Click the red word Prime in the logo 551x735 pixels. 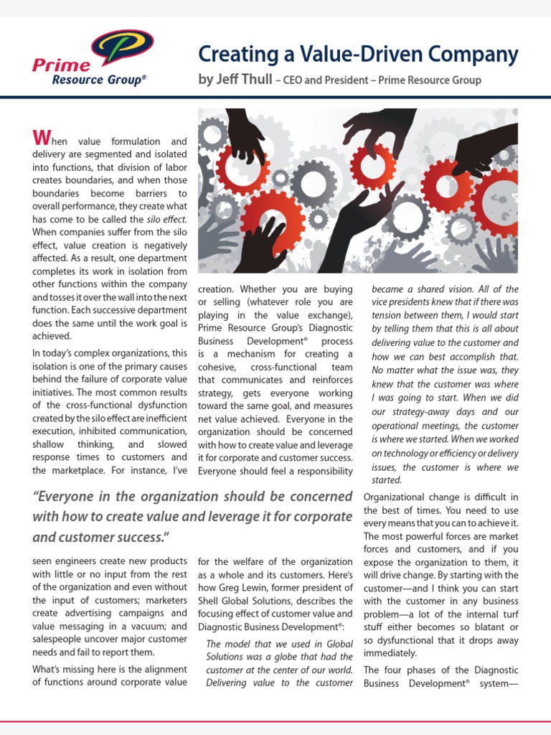52,66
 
